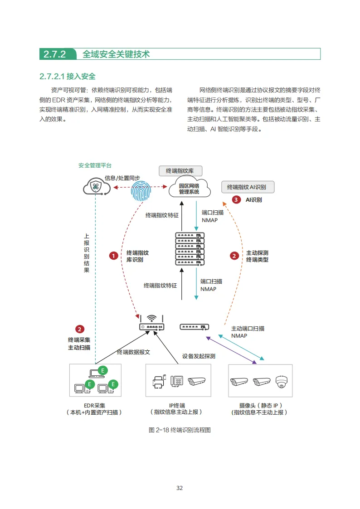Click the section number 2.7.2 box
(55, 54)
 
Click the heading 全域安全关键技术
(116, 54)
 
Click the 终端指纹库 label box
(180, 171)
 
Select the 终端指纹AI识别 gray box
(248, 187)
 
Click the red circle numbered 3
(236, 199)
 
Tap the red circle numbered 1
(113, 256)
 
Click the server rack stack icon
(190, 248)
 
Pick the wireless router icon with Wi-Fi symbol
(152, 323)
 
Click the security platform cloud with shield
(96, 186)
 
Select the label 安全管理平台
(95, 165)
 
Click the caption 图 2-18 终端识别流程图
(180, 430)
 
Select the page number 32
(180, 488)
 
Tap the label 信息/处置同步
(122, 178)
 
